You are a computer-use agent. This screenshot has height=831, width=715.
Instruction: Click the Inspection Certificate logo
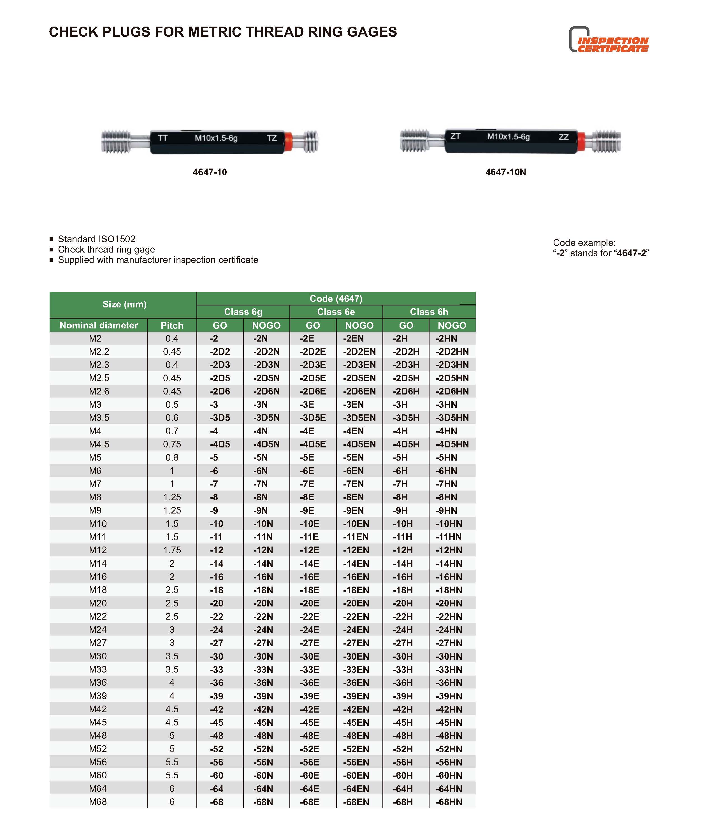point(609,40)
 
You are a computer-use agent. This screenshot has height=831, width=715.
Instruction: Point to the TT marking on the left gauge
point(162,138)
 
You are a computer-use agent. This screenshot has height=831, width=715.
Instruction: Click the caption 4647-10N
point(505,172)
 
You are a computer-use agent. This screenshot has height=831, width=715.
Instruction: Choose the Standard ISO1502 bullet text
point(97,239)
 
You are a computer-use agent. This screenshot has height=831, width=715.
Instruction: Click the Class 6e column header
point(336,312)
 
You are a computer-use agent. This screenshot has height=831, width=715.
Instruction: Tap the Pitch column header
point(172,325)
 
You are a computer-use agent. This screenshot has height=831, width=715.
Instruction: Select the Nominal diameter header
point(99,325)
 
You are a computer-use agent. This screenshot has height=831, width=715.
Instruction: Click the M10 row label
point(98,523)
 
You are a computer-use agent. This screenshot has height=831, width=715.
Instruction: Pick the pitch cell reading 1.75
point(172,550)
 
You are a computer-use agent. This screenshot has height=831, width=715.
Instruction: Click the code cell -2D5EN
point(359,378)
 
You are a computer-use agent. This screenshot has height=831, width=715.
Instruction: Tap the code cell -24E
point(310,630)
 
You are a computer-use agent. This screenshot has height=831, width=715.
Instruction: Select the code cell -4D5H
point(406,444)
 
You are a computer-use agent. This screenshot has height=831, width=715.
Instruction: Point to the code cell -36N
point(263,683)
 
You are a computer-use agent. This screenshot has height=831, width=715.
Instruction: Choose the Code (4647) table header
point(336,298)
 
